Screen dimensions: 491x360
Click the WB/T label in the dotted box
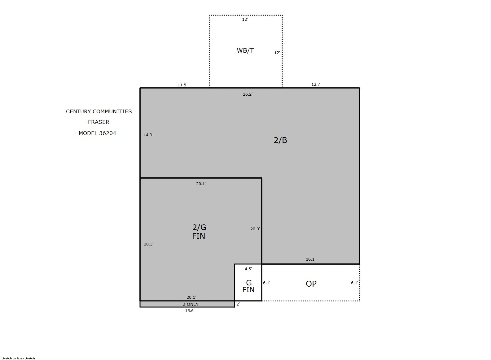tap(245, 50)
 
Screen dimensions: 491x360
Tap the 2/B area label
tap(280, 140)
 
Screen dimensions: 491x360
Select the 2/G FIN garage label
tap(199, 232)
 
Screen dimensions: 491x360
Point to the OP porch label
tap(311, 284)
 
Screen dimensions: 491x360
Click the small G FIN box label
tap(248, 286)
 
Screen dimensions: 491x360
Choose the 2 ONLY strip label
tap(191, 304)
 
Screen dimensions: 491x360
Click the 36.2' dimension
tap(248, 94)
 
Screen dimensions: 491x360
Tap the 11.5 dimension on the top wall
tap(182, 85)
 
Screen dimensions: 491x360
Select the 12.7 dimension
tap(316, 84)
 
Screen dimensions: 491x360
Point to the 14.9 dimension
tap(148, 135)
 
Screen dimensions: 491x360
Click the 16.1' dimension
tap(311, 259)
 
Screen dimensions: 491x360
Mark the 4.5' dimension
tap(248, 269)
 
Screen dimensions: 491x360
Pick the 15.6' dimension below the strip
tap(190, 310)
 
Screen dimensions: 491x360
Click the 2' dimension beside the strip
tap(238, 304)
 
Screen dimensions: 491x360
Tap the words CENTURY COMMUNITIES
tap(99, 111)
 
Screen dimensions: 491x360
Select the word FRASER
tap(99, 122)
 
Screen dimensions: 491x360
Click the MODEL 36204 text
tap(97, 133)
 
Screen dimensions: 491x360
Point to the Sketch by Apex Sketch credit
tap(18, 358)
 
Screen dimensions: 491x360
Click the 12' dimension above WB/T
tap(245, 19)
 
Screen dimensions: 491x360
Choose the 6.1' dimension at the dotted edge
tap(354, 283)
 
